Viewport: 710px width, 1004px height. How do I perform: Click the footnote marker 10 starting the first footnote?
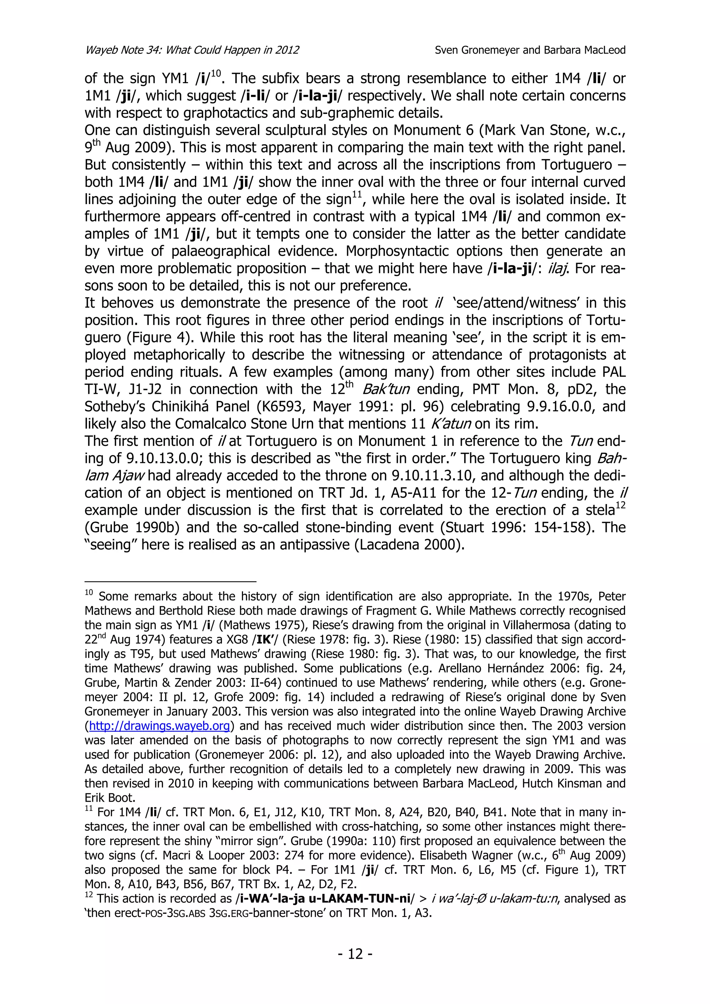89,593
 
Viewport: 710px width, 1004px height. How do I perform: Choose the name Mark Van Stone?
496,130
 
